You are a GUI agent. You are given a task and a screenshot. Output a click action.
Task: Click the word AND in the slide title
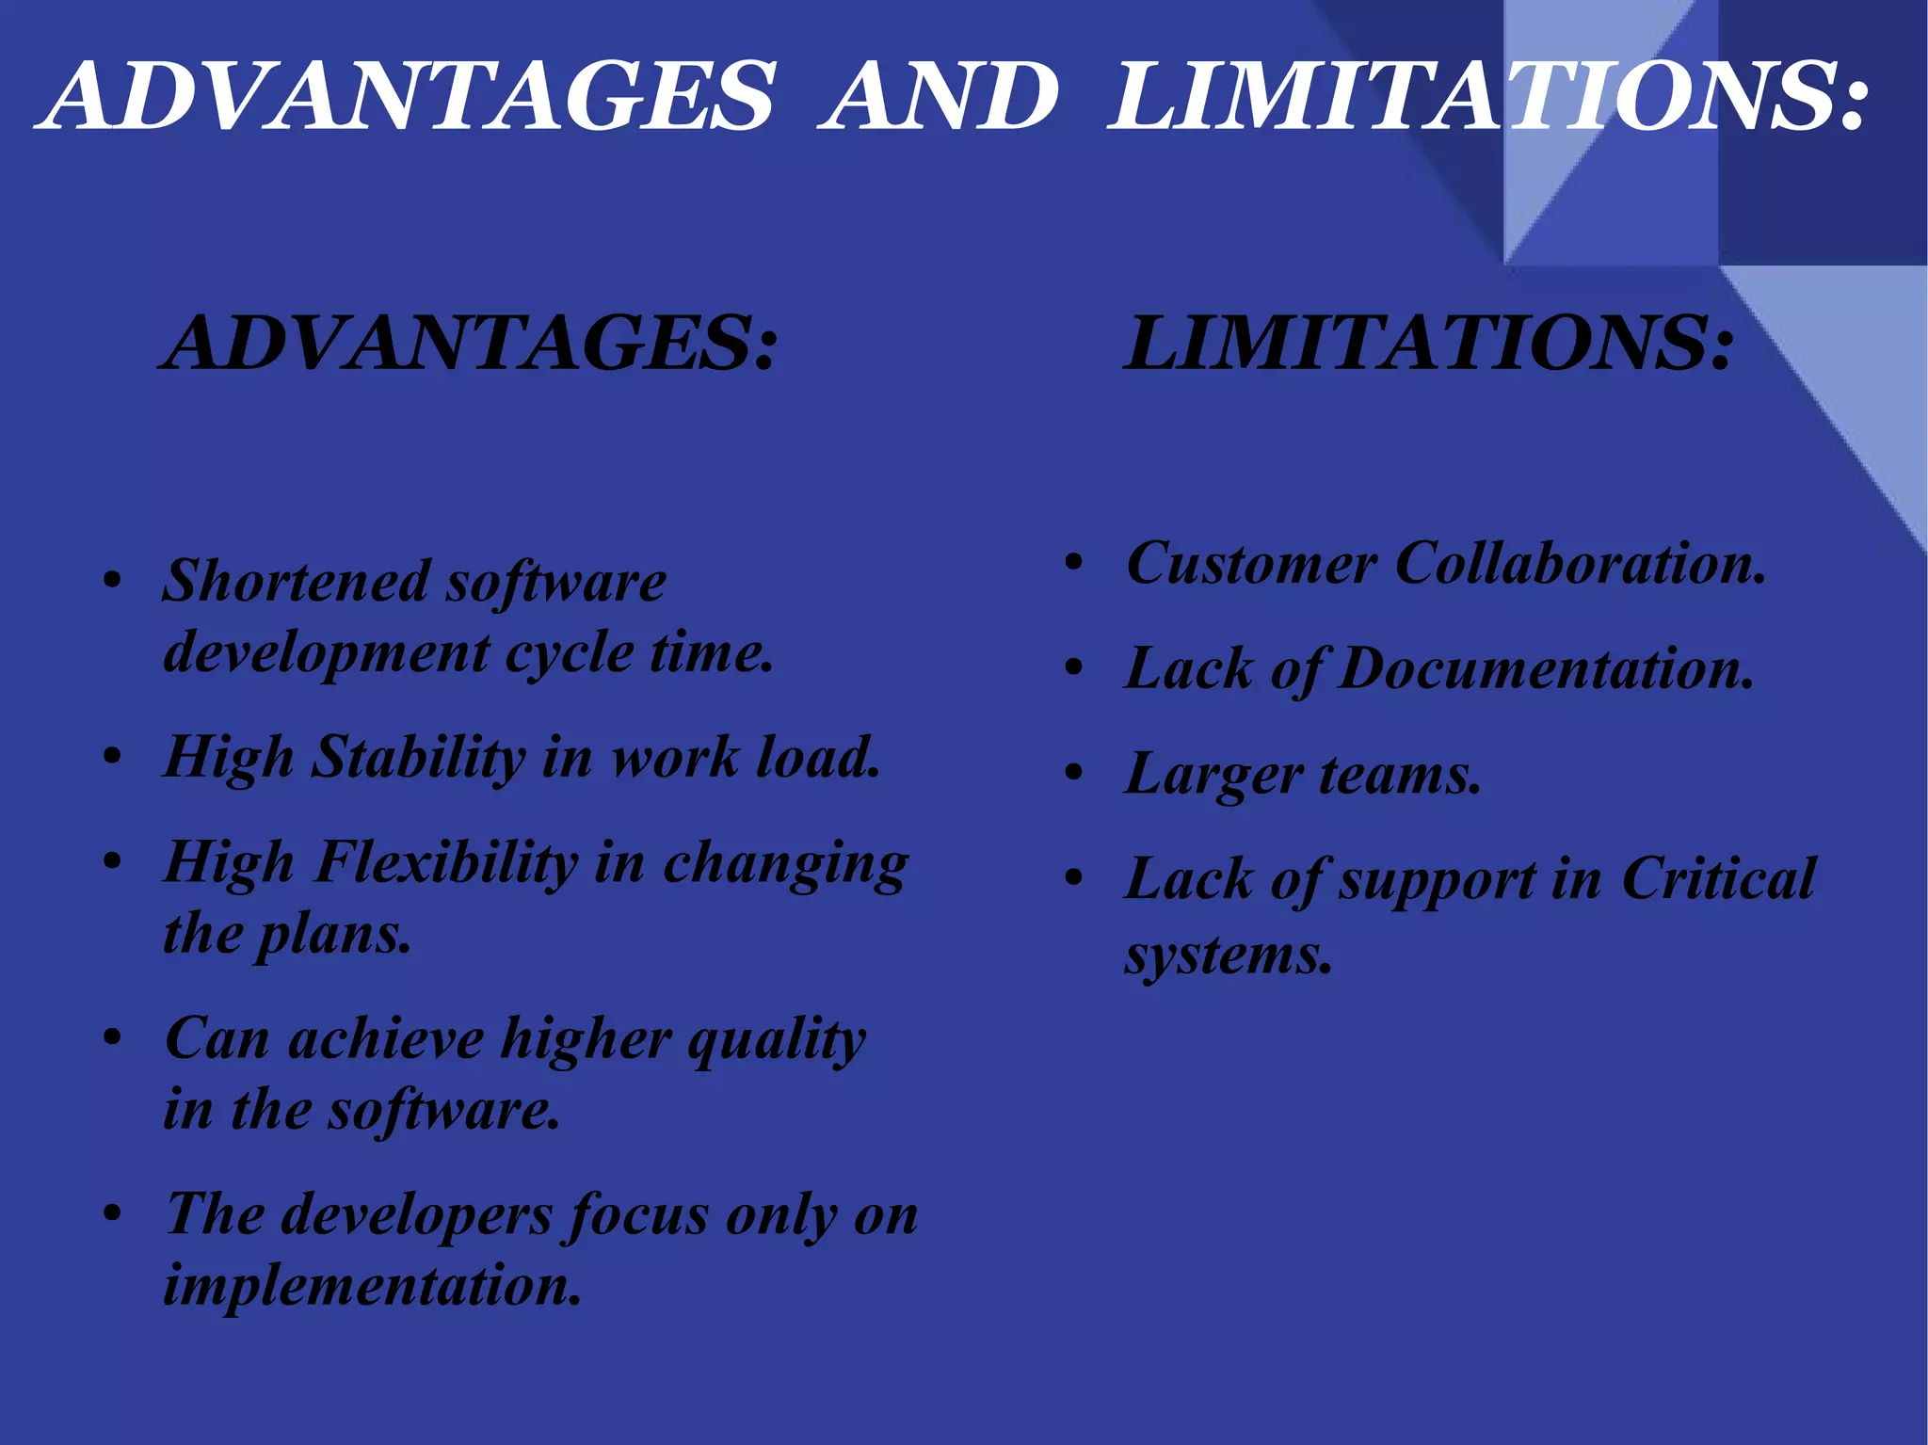point(939,96)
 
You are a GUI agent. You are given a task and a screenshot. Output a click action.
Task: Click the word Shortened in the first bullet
point(297,581)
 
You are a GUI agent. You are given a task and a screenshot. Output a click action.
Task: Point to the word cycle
point(570,652)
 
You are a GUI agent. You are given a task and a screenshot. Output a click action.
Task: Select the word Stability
point(418,757)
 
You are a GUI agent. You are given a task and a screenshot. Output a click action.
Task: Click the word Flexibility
point(446,862)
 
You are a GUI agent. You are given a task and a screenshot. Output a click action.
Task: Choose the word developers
point(416,1214)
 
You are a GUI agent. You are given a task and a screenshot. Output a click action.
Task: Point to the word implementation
point(373,1286)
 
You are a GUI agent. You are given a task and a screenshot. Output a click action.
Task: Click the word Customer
point(1251,564)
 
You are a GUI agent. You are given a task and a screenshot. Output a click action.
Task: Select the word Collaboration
point(1581,564)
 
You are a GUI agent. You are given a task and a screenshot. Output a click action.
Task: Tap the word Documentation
point(1546,669)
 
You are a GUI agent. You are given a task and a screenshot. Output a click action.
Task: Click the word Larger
point(1213,776)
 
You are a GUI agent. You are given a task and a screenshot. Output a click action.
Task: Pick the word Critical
point(1718,879)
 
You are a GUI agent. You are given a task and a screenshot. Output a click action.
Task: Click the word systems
point(1229,955)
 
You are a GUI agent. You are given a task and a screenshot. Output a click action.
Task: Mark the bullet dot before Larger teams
point(1074,774)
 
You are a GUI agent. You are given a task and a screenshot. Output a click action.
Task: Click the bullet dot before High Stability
point(113,757)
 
